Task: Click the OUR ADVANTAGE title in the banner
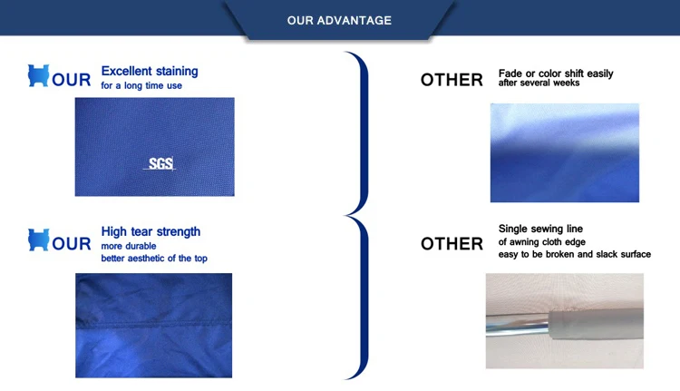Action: pos(339,20)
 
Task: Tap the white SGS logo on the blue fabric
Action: pos(160,163)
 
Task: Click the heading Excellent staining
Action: pos(150,71)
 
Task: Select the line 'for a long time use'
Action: pos(141,85)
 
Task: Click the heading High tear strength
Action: pos(151,231)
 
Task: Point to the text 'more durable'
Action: pos(129,246)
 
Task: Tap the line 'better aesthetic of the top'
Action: pos(154,259)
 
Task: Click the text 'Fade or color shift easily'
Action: pos(556,73)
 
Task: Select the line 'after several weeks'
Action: pos(539,83)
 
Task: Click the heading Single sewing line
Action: pos(540,229)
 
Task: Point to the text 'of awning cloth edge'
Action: pos(541,241)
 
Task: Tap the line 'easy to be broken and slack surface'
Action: pos(575,254)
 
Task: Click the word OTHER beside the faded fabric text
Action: pos(452,80)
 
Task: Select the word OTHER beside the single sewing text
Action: pos(452,244)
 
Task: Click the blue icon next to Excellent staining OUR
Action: pos(39,75)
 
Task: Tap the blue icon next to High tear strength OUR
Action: pos(39,239)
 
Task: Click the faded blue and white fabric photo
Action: pos(565,152)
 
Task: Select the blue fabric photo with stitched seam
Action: pos(153,326)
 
